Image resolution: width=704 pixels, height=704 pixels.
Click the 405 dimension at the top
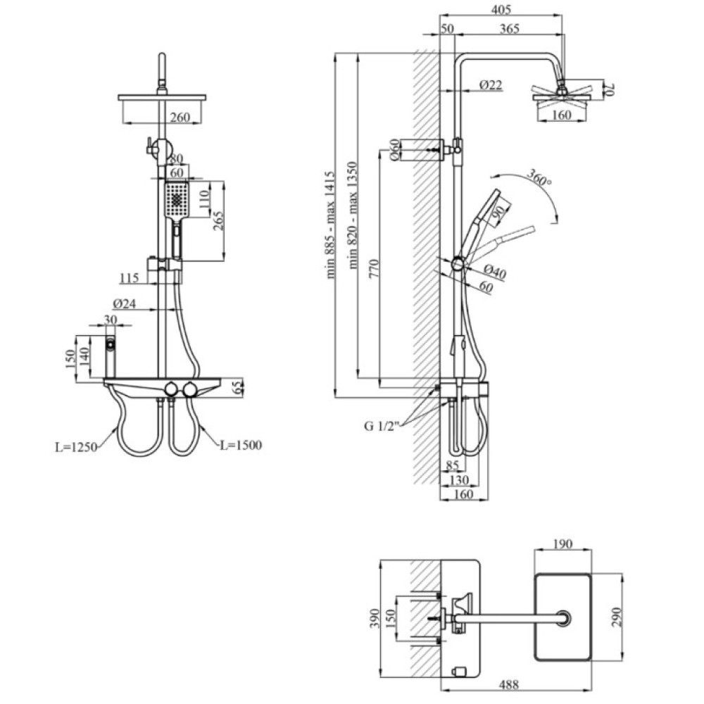[x=501, y=9]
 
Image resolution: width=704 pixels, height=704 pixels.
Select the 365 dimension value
[x=510, y=28]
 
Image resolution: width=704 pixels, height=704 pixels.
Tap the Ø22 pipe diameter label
[x=490, y=84]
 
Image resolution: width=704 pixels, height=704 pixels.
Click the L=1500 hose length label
[x=241, y=446]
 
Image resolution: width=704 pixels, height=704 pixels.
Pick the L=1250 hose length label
[x=76, y=447]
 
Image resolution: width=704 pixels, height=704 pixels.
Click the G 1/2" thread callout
[x=381, y=426]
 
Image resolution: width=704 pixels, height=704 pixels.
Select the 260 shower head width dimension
[x=180, y=117]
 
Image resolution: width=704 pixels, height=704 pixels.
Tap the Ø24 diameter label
[x=125, y=304]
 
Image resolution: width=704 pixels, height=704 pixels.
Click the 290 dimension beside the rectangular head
[x=616, y=617]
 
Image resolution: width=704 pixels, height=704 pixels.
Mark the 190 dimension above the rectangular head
[x=562, y=543]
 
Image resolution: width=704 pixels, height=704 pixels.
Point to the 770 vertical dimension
[x=375, y=268]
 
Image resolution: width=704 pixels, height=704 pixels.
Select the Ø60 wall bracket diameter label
[x=394, y=150]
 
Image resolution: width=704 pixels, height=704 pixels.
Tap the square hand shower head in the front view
[x=177, y=200]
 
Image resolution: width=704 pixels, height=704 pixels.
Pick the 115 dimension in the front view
[x=130, y=278]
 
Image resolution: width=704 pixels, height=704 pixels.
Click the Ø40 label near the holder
[x=494, y=271]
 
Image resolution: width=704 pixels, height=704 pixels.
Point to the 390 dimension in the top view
[x=375, y=619]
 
